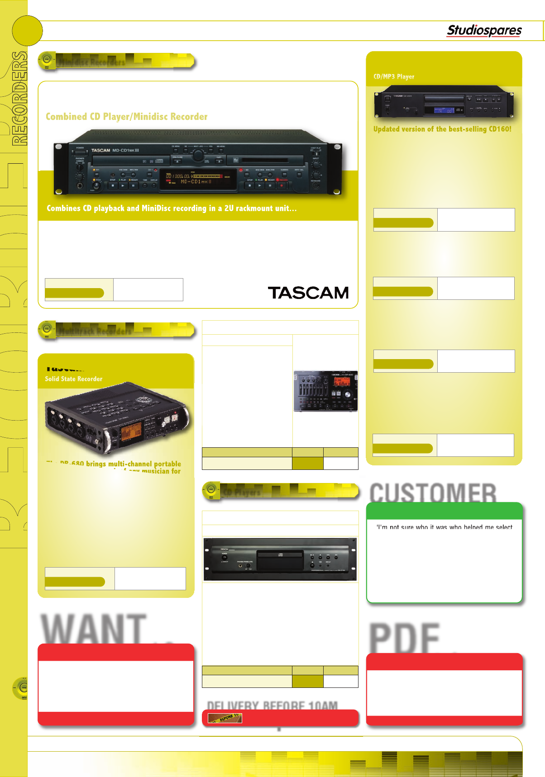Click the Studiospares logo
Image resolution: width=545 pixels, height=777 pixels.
(x=484, y=30)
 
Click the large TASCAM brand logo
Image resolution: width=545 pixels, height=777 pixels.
(x=308, y=293)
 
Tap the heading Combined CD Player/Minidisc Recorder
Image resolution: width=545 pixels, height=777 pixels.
(x=126, y=117)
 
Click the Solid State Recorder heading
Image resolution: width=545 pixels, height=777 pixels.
(x=73, y=379)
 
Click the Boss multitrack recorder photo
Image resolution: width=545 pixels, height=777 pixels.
(x=325, y=391)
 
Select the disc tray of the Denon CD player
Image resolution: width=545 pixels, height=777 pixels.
(x=280, y=560)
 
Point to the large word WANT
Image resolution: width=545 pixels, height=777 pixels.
(x=94, y=628)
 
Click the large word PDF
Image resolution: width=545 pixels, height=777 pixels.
(x=404, y=637)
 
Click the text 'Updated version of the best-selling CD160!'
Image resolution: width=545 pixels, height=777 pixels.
(x=442, y=129)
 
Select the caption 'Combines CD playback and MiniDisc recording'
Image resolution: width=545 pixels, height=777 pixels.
(x=172, y=208)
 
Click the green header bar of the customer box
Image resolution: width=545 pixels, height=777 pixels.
(x=444, y=511)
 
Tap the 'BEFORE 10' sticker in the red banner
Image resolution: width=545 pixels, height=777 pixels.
(x=225, y=718)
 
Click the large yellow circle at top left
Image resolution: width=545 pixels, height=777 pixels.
(x=27, y=31)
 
